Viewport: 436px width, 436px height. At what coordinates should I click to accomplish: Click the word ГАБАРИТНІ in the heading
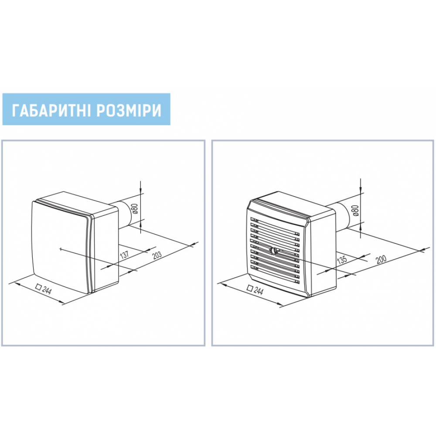[x=51, y=110]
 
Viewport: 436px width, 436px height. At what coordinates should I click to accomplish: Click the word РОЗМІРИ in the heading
[x=129, y=110]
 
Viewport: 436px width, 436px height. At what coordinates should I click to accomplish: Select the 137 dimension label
[x=125, y=255]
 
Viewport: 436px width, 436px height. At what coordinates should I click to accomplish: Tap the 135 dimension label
[x=342, y=259]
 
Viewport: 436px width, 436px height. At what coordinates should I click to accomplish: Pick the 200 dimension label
[x=381, y=259]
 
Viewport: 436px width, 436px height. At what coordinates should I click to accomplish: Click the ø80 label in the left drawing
[x=135, y=208]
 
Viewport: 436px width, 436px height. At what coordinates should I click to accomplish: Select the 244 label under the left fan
[x=47, y=290]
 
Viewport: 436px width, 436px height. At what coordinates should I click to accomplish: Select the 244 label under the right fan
[x=258, y=290]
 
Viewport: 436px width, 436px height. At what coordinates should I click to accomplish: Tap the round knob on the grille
[x=274, y=251]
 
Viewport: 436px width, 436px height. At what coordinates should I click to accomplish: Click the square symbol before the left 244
[x=39, y=287]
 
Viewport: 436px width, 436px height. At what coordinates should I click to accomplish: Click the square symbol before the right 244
[x=250, y=288]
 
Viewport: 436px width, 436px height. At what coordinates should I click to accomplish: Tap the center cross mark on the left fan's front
[x=61, y=249]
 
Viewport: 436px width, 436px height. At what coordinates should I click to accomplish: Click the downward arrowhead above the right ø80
[x=361, y=189]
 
